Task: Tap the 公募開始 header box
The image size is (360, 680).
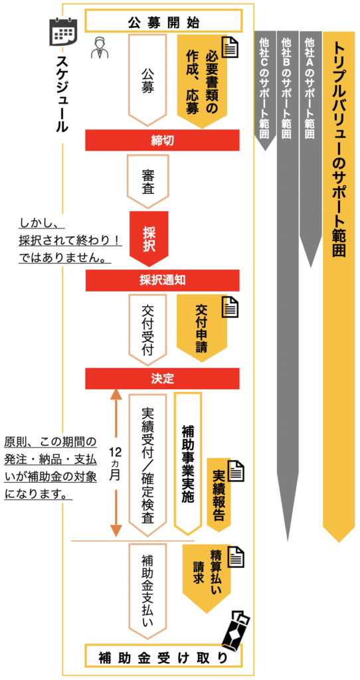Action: pos(163,21)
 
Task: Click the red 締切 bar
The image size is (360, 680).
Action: pos(163,139)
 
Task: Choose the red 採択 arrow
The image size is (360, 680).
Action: pos(148,238)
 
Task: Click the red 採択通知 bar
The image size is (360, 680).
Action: pos(163,280)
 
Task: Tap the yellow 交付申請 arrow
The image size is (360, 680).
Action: pos(201,328)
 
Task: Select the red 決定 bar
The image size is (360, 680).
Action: pos(163,379)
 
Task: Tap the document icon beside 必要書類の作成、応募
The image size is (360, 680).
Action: pos(231,47)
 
